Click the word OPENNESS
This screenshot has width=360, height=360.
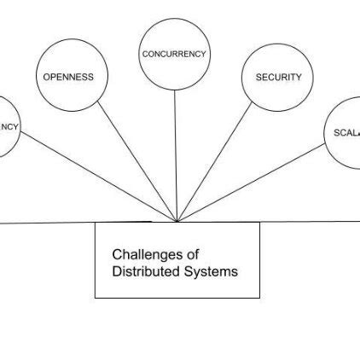(x=68, y=77)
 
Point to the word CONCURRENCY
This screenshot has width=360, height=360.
(x=174, y=54)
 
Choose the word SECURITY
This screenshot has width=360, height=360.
(x=278, y=77)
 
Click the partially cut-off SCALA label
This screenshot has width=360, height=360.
(x=346, y=132)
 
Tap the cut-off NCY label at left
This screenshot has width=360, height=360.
(x=9, y=127)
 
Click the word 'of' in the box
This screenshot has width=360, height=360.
(x=193, y=254)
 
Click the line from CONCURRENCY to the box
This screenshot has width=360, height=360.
(x=176, y=154)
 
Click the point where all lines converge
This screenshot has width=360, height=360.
(x=177, y=222)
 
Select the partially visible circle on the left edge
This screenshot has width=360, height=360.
(x=7, y=141)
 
